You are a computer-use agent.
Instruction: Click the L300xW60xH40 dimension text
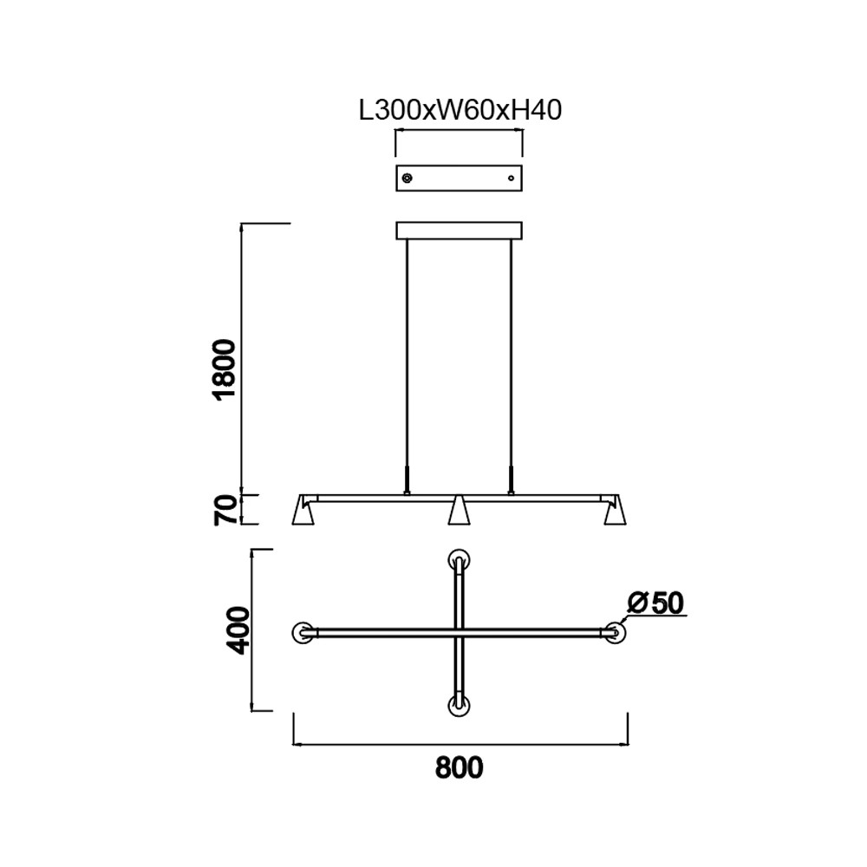[460, 111]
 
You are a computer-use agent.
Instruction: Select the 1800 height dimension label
[225, 369]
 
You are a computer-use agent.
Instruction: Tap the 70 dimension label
[225, 510]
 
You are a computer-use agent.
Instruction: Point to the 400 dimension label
[239, 630]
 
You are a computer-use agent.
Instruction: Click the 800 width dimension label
[459, 767]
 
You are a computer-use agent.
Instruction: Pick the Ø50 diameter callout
[656, 603]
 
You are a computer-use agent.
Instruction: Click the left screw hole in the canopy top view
[407, 178]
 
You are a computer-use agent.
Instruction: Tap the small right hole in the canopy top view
[511, 178]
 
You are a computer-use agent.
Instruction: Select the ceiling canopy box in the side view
[459, 231]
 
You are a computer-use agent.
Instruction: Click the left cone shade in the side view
[303, 511]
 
